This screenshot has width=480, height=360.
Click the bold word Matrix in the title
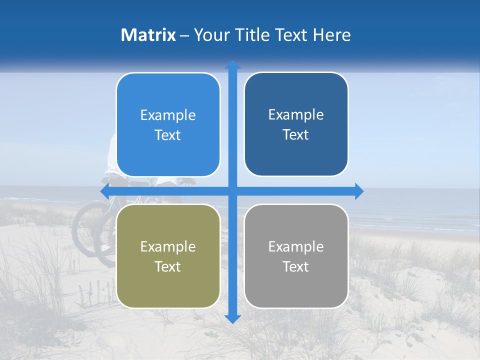pyautogui.click(x=148, y=35)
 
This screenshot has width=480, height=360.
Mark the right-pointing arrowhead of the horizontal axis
pyautogui.click(x=359, y=191)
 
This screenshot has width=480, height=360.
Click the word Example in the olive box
pyautogui.click(x=168, y=246)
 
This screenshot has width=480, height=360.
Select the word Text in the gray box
pyautogui.click(x=296, y=266)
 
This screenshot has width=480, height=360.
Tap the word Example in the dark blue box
pyautogui.click(x=296, y=115)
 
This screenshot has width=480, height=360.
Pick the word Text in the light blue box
pyautogui.click(x=168, y=135)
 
